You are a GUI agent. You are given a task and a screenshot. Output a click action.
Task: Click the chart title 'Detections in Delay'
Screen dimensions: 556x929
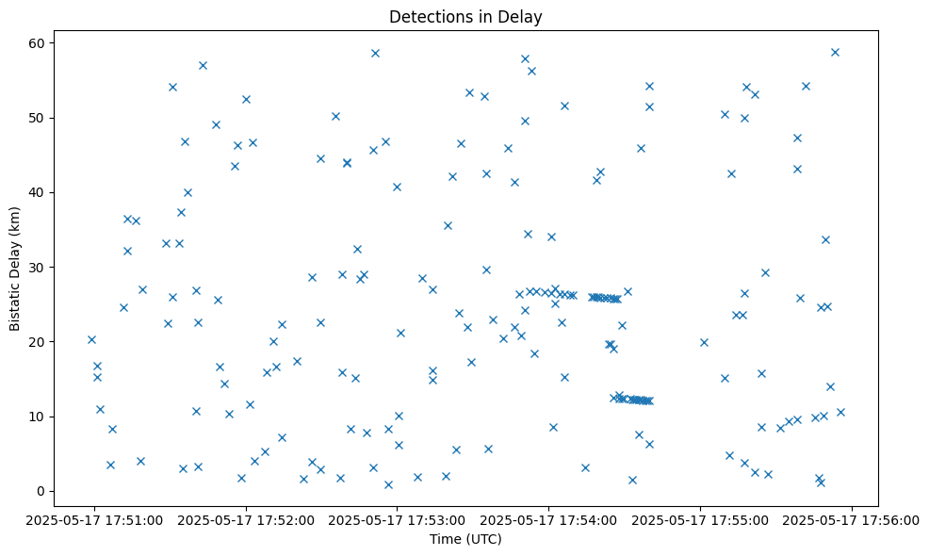pos(465,17)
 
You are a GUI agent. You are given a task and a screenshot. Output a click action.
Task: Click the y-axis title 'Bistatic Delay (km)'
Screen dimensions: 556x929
pos(15,269)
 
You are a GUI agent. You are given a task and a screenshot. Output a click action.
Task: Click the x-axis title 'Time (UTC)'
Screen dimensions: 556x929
pos(465,539)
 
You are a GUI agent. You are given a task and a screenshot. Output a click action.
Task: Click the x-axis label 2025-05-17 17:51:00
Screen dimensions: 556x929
pos(93,518)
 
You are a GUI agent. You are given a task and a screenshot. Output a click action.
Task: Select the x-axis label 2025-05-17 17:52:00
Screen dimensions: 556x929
pos(246,518)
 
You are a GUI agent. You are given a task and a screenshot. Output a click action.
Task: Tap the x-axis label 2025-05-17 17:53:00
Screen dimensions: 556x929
pos(398,518)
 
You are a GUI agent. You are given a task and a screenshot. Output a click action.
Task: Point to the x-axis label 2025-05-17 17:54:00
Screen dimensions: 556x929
pos(549,518)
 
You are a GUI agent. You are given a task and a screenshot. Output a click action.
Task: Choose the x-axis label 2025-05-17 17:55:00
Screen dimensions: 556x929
pos(701,518)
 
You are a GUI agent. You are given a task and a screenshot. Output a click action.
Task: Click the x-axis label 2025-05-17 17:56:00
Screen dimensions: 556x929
pos(853,518)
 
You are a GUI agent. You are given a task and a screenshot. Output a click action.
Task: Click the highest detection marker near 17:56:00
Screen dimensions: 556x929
pos(835,52)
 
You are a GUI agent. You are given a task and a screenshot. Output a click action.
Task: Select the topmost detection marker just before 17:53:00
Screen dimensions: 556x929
pos(375,53)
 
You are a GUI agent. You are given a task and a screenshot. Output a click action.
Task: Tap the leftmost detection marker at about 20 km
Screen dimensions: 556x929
pos(91,339)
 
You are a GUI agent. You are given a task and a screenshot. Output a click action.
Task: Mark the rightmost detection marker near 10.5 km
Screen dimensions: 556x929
pos(840,412)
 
